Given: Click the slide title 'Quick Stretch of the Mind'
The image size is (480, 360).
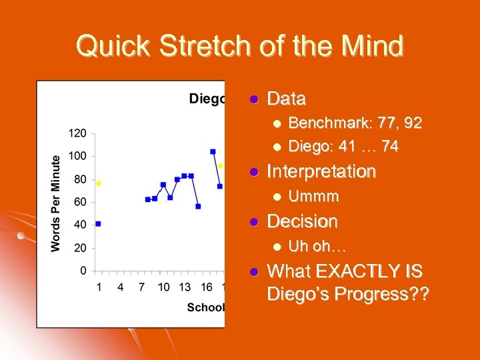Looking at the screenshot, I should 240,47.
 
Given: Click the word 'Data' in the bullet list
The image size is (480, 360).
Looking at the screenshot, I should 286,99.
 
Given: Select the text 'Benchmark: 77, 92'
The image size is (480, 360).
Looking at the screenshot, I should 355,123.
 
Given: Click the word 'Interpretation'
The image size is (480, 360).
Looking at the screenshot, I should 321,171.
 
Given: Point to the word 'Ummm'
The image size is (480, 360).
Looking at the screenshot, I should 313,197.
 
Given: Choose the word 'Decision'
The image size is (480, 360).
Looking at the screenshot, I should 302,221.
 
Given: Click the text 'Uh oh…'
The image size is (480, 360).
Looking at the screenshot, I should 317,247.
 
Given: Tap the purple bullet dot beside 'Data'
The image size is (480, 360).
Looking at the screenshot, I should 253,100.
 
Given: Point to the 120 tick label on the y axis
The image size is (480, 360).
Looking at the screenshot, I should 77,133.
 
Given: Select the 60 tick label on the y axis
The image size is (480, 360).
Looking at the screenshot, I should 80,202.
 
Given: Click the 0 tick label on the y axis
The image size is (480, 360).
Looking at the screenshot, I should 83,271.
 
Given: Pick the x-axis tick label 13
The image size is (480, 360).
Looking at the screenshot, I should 185,287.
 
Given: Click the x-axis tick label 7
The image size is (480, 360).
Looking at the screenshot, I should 141,287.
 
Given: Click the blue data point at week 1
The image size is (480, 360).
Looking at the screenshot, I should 98,224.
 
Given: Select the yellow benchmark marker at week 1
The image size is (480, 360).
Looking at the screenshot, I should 99,183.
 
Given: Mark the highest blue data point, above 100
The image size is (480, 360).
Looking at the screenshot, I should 213,151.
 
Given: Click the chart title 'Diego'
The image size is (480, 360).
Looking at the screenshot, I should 207,99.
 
